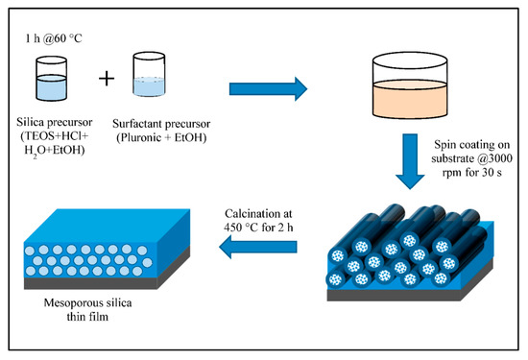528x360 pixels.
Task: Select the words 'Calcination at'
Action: coord(259,212)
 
